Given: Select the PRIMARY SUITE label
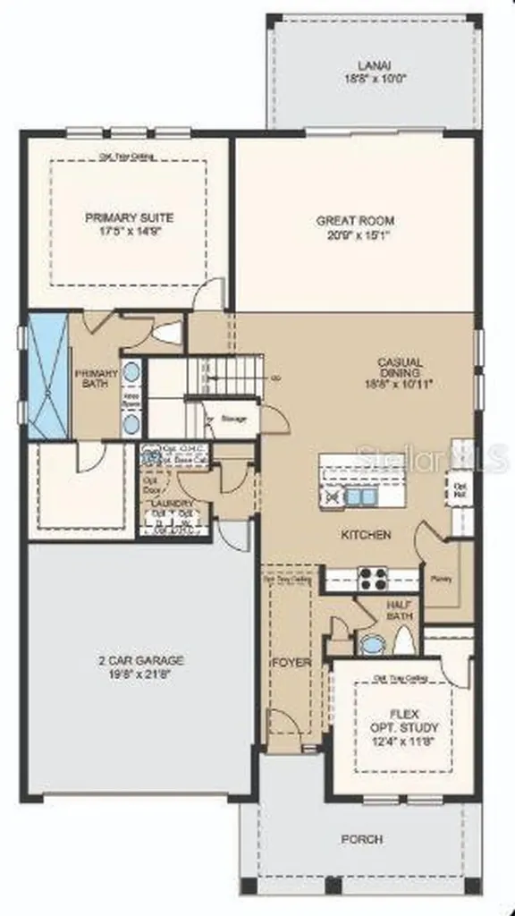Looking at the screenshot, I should click(x=130, y=217).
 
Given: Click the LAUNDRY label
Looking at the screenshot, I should click(x=173, y=504).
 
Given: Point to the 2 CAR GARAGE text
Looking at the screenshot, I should click(x=142, y=660).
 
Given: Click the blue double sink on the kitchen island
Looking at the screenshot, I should click(x=362, y=496).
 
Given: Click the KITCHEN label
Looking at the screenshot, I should click(x=366, y=535).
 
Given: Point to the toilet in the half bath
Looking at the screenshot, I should click(x=402, y=640).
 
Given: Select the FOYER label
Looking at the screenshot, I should click(x=290, y=663).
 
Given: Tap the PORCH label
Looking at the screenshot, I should click(x=362, y=839).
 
